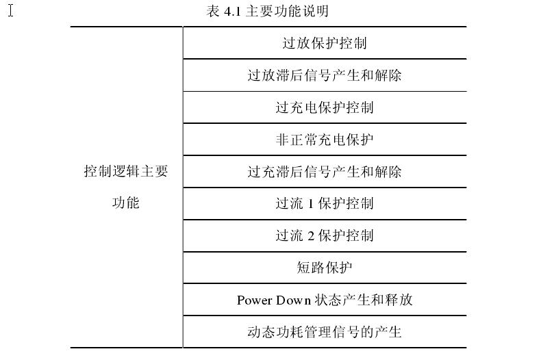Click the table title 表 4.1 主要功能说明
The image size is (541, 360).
click(x=267, y=11)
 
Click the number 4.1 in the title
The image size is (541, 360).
click(x=232, y=12)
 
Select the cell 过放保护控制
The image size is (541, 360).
click(x=325, y=43)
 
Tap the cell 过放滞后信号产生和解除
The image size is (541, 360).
click(x=325, y=75)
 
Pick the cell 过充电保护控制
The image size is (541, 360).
click(x=325, y=107)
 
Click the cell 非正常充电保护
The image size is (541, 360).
click(x=325, y=140)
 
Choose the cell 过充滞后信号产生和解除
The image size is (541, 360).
click(x=325, y=171)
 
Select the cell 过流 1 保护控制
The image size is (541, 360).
click(x=325, y=203)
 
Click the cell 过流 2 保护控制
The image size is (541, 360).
click(x=325, y=235)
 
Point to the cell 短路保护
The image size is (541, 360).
click(x=325, y=268)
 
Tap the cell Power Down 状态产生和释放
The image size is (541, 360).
click(x=325, y=300)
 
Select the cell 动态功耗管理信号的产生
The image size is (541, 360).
click(x=325, y=332)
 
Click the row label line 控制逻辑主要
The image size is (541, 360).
click(x=125, y=171)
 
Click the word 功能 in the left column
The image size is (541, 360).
click(x=125, y=203)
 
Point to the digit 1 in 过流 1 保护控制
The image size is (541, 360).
click(x=310, y=204)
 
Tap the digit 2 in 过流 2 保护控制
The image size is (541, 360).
click(x=310, y=236)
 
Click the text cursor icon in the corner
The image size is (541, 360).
click(x=11, y=10)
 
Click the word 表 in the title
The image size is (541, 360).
click(x=213, y=11)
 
